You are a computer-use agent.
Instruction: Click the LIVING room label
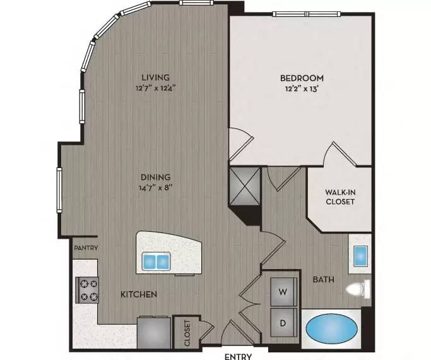(x=156, y=77)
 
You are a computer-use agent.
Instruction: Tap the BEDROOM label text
(x=302, y=78)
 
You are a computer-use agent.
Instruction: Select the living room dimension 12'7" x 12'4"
(x=156, y=88)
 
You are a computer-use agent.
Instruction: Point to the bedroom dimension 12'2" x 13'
(x=302, y=89)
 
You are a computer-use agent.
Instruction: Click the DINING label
(x=156, y=177)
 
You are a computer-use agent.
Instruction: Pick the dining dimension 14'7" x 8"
(x=156, y=188)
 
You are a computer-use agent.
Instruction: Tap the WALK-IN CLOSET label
(x=340, y=197)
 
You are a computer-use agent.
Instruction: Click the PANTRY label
(x=86, y=248)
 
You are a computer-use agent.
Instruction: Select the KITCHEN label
(x=139, y=294)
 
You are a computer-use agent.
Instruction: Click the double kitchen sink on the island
(x=156, y=261)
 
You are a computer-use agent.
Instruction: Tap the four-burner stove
(x=87, y=290)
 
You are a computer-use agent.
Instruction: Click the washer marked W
(x=284, y=292)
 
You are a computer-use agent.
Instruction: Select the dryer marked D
(x=284, y=323)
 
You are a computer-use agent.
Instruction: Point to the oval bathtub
(x=331, y=328)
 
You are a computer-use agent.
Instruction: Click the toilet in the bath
(x=358, y=289)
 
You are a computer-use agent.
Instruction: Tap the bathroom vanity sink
(x=360, y=256)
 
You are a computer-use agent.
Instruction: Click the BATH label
(x=324, y=280)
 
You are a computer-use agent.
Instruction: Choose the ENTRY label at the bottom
(x=238, y=356)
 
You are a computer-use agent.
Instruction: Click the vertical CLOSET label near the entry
(x=187, y=333)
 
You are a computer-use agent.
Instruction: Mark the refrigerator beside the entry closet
(x=154, y=332)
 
